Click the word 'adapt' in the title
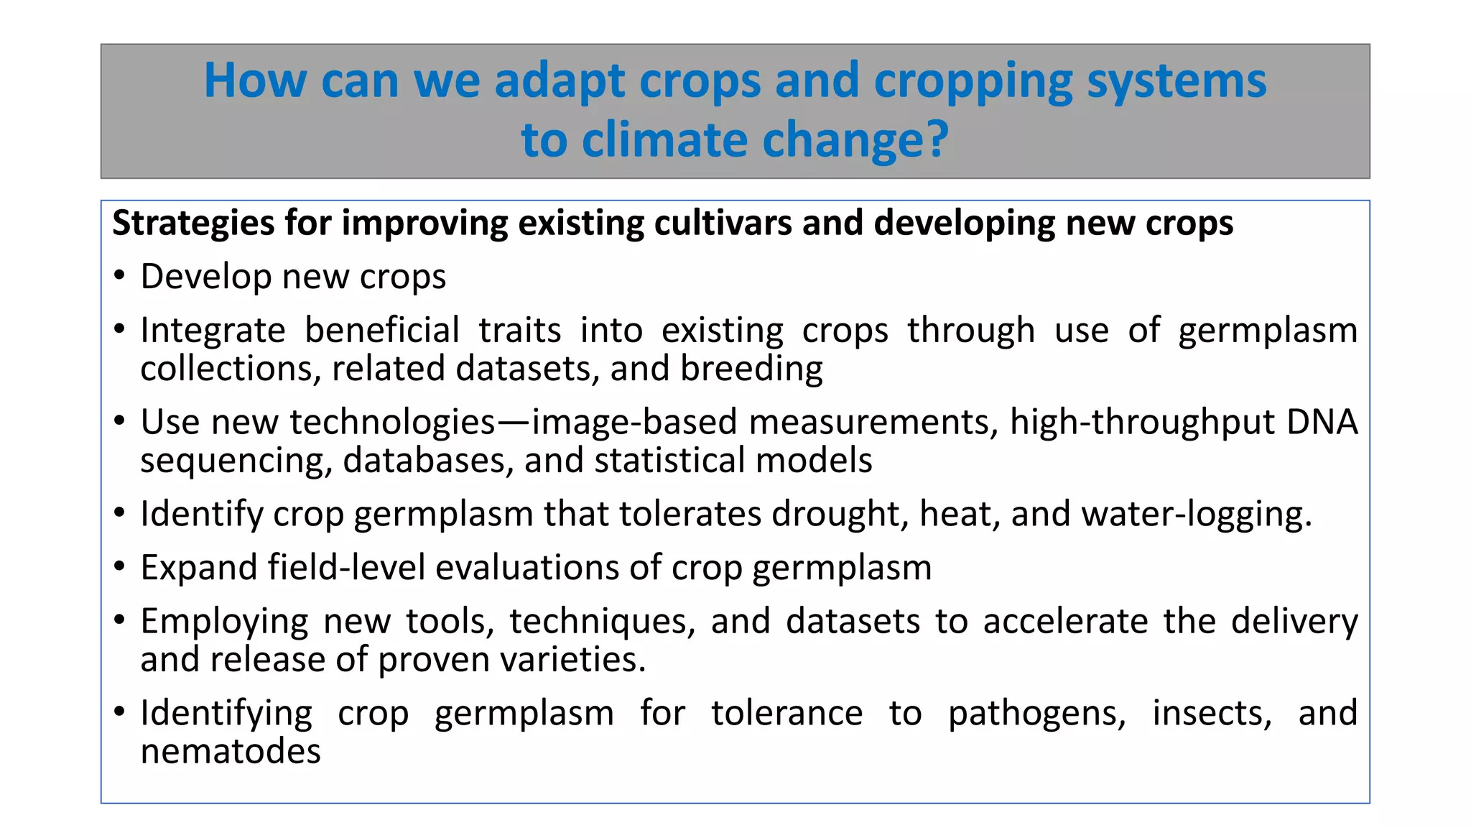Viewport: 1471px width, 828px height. (559, 81)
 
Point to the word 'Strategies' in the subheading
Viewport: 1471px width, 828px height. (193, 224)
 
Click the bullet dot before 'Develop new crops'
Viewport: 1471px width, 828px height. (119, 277)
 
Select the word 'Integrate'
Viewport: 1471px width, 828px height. (213, 331)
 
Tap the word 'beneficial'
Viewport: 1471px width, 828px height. (382, 331)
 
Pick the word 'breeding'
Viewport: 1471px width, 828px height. (751, 369)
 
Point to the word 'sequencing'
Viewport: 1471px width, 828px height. (236, 461)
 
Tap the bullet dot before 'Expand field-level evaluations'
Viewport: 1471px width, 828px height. (119, 568)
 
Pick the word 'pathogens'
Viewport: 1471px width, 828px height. (1036, 714)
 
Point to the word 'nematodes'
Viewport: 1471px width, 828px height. (231, 752)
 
